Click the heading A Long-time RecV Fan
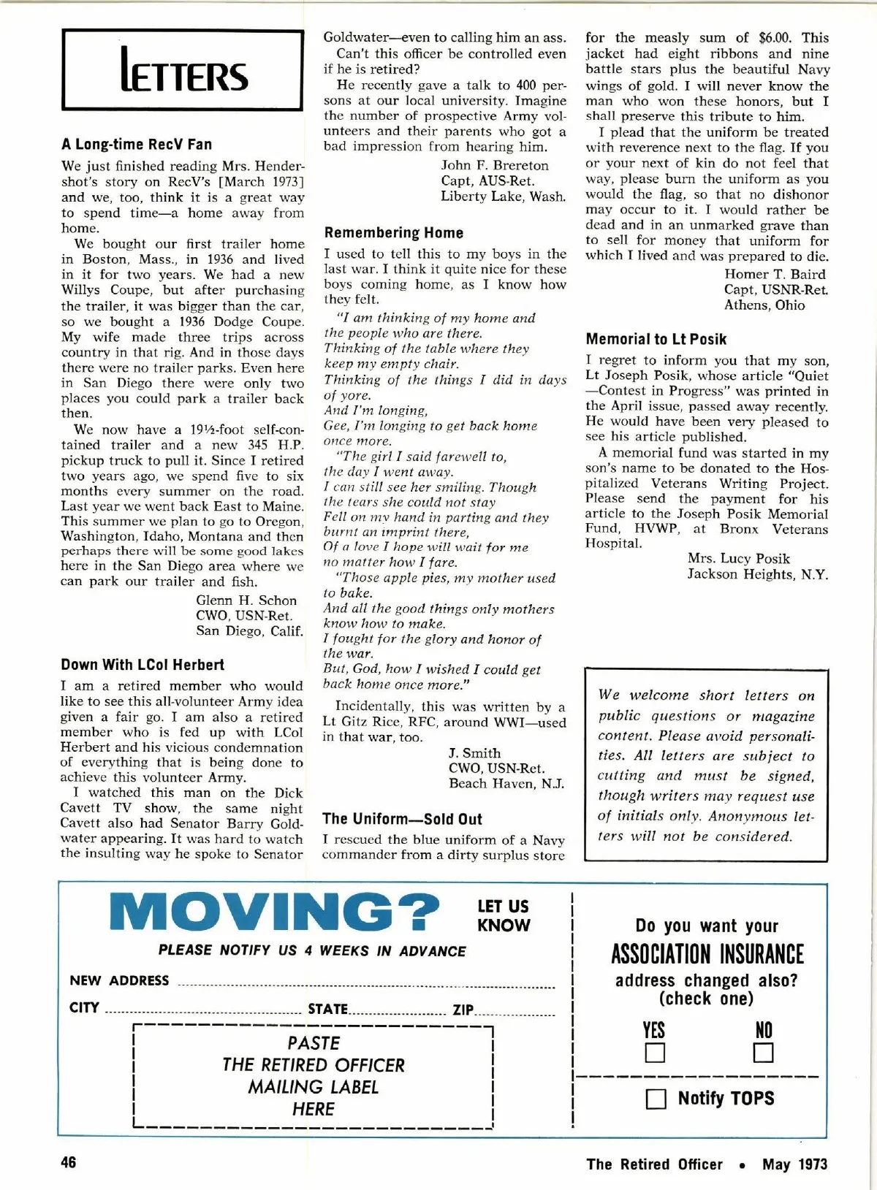(x=137, y=144)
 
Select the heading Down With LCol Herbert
(x=143, y=665)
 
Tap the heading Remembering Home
(x=394, y=232)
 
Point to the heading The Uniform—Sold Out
(x=403, y=819)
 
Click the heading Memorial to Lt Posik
(x=656, y=339)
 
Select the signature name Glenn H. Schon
(x=246, y=600)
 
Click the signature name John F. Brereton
(x=495, y=166)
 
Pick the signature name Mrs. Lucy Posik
(x=739, y=559)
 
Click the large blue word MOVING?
(x=275, y=912)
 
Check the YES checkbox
(x=654, y=1053)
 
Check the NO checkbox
(x=764, y=1053)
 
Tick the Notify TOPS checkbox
(x=656, y=1099)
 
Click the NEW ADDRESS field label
(x=119, y=980)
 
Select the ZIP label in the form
(x=463, y=1010)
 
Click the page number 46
(x=68, y=1162)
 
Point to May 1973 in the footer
(x=795, y=1164)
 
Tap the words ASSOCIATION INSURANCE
(x=707, y=954)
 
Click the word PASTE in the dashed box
(x=314, y=1043)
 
